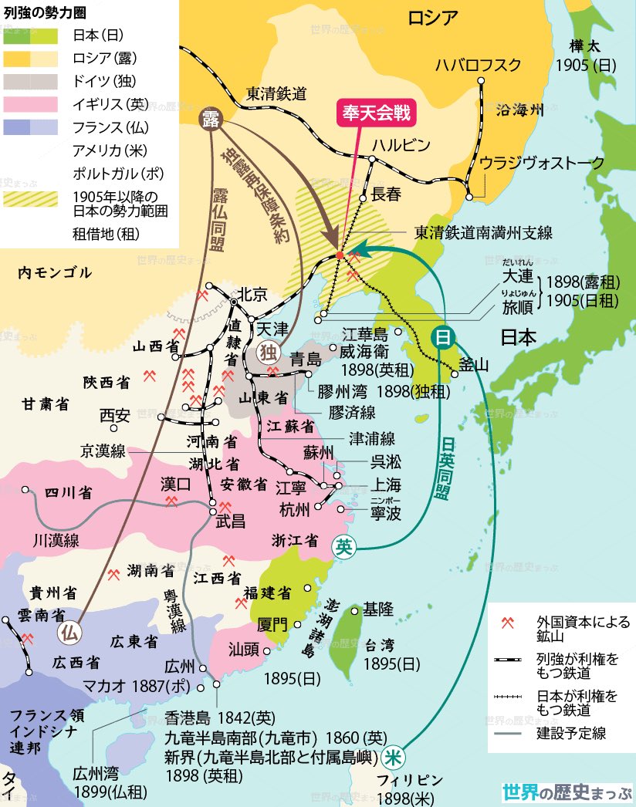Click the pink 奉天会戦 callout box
click(374, 111)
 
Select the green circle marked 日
click(442, 336)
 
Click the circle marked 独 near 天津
click(267, 352)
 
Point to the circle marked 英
click(343, 547)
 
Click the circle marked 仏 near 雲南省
click(69, 631)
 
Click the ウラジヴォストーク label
click(542, 162)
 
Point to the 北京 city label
click(252, 294)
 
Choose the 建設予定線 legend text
click(571, 733)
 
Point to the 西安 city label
click(114, 416)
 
